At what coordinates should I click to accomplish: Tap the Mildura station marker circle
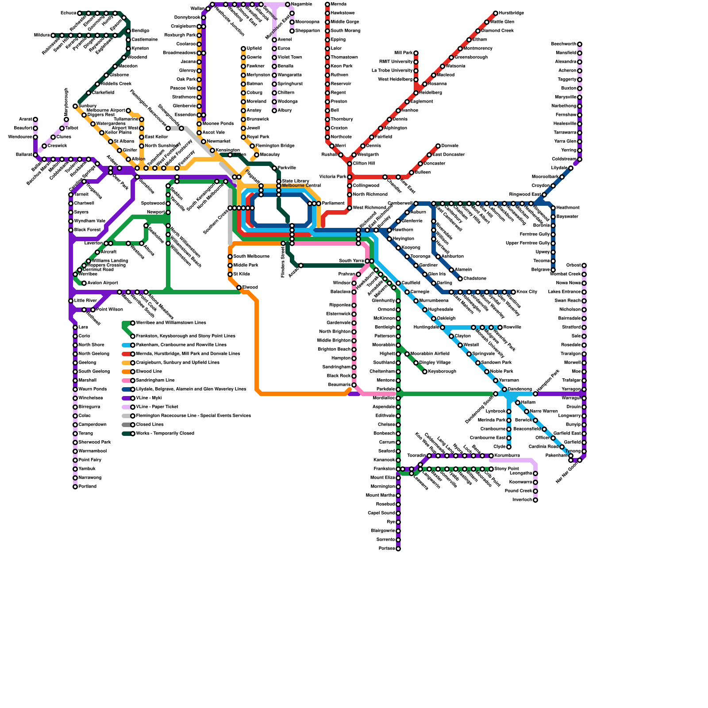[53, 35]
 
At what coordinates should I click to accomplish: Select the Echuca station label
[68, 13]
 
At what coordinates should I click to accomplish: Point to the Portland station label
[88, 487]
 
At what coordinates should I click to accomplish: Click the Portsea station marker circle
[398, 549]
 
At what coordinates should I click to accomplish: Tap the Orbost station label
[573, 265]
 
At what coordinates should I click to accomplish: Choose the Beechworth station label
[564, 44]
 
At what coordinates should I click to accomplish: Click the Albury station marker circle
[274, 111]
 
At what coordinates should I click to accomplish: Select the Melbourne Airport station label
[106, 111]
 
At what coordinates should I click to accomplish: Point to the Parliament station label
[333, 204]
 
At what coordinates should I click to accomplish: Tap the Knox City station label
[527, 292]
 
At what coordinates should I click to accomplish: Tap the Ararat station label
[26, 119]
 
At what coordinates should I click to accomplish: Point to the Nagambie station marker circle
[288, 4]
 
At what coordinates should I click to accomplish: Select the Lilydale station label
[559, 168]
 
